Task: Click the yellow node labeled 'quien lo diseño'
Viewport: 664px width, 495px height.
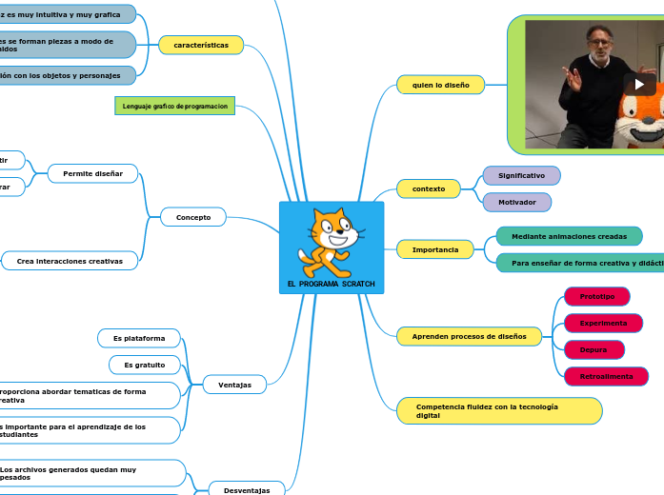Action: point(440,85)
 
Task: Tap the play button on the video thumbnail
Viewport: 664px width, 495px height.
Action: point(638,84)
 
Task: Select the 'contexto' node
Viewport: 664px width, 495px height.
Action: point(429,188)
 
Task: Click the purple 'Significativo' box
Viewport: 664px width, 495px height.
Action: point(521,175)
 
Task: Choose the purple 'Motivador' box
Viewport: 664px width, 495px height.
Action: point(517,202)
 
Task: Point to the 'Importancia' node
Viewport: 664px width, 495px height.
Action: point(434,249)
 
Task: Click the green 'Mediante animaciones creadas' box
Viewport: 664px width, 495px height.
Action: point(569,236)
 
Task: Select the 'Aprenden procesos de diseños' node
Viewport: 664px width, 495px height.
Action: point(469,336)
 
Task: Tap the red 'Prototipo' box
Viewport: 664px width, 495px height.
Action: point(597,296)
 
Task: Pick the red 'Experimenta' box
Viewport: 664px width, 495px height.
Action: point(603,323)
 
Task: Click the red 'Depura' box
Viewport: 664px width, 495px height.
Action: point(594,349)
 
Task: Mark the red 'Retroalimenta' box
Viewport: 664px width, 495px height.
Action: point(606,376)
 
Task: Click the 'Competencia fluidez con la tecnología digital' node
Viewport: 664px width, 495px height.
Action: point(499,410)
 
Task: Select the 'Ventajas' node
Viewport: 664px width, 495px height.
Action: point(235,385)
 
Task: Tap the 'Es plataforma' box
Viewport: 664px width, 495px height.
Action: point(139,338)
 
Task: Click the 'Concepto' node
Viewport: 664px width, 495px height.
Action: point(193,217)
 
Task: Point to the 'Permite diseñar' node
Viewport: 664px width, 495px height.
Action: point(92,173)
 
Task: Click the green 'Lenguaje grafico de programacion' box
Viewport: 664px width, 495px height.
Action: point(174,106)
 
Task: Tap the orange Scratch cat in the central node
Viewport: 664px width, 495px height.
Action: point(330,242)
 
